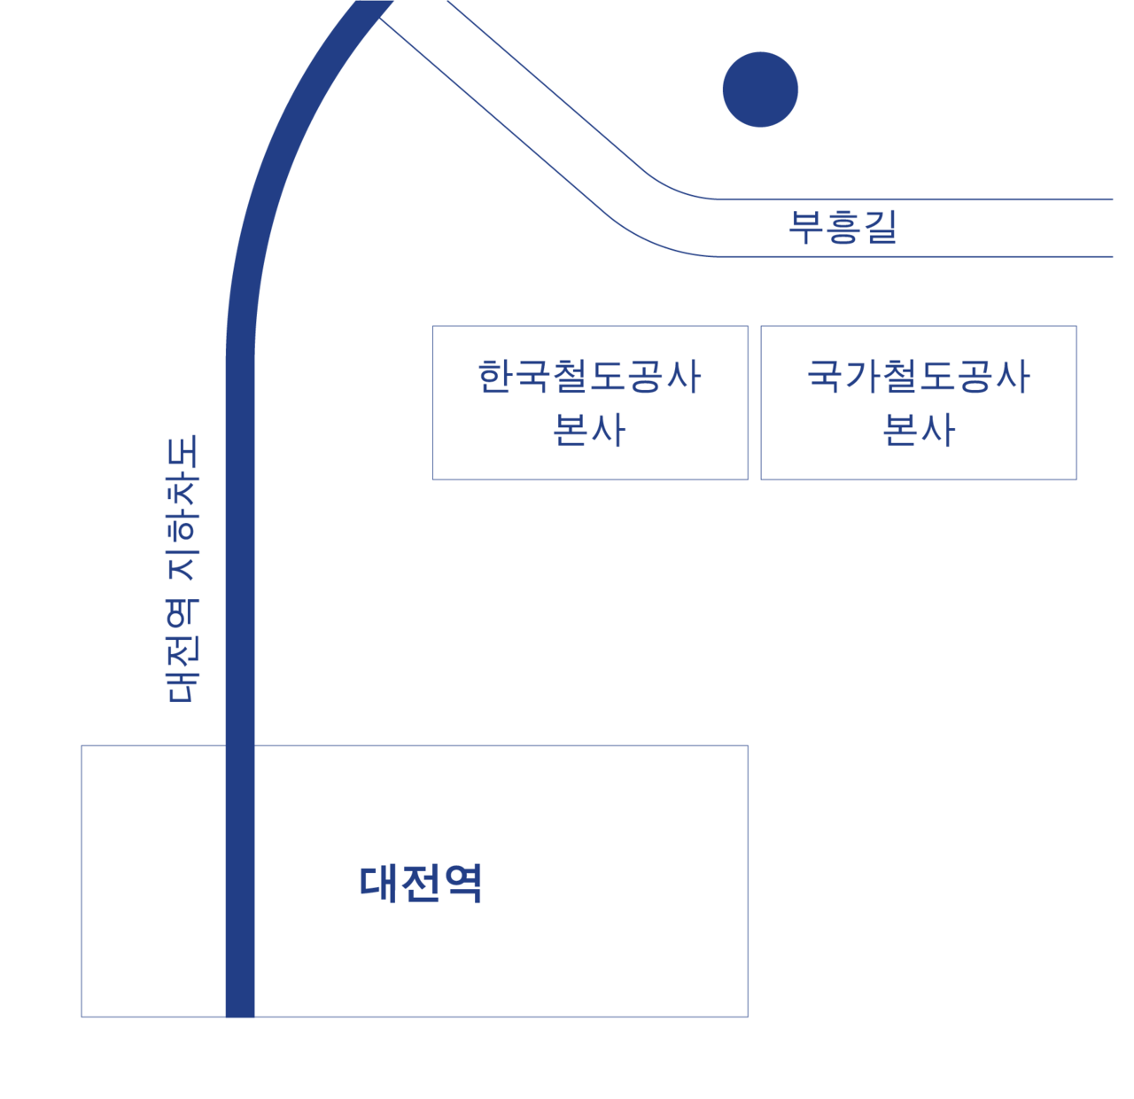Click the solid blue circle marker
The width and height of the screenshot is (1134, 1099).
(x=760, y=90)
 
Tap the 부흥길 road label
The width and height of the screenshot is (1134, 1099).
(x=843, y=227)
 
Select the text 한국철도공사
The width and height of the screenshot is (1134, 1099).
(x=589, y=377)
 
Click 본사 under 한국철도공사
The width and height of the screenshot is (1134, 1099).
(x=589, y=430)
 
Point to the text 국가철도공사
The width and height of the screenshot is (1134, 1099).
(x=918, y=377)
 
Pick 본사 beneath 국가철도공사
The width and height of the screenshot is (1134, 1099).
(x=919, y=430)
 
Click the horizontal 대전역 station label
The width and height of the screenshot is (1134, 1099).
(x=421, y=884)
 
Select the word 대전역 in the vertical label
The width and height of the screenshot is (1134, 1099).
(x=183, y=651)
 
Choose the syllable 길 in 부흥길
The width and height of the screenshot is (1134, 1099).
(x=880, y=227)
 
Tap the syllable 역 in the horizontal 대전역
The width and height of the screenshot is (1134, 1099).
(x=463, y=884)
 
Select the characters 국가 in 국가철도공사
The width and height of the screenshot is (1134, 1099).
(x=843, y=377)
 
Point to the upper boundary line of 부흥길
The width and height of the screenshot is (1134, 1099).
(x=886, y=199)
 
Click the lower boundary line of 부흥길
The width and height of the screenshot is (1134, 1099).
(x=886, y=256)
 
